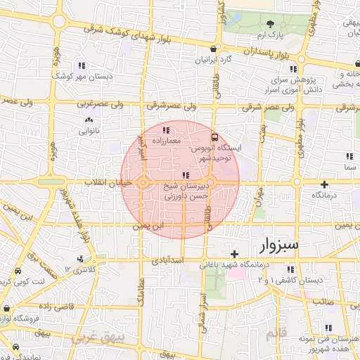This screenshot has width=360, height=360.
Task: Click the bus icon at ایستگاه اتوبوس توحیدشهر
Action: pos(214,138)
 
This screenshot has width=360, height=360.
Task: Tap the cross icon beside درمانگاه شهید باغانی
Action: pos(235,254)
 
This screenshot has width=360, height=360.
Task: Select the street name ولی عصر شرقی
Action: pos(261,108)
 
